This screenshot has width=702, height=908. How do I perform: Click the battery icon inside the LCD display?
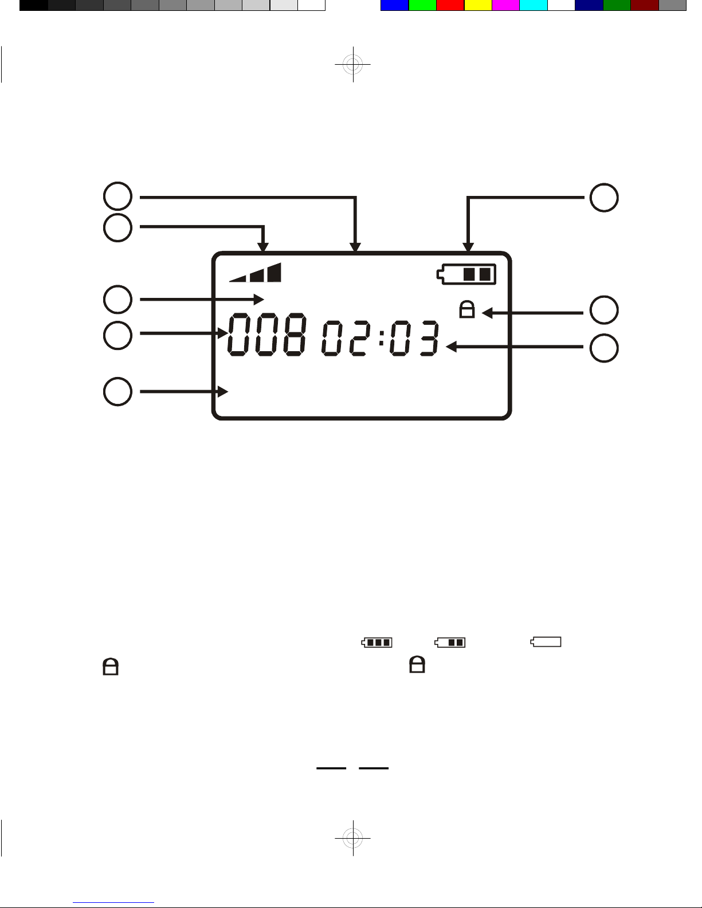[x=466, y=274]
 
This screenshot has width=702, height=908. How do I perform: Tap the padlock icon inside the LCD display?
[x=467, y=310]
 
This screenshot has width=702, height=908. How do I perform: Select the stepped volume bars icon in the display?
[x=256, y=273]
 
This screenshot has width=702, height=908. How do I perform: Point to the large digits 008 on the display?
[x=268, y=336]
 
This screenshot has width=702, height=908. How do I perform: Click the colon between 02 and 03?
[x=381, y=338]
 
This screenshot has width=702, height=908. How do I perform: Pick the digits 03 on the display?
[x=414, y=338]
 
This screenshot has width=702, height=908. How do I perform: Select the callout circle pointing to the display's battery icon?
[x=604, y=198]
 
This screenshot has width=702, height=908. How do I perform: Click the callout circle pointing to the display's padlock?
[x=604, y=310]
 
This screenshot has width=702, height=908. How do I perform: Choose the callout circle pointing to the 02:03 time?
[x=604, y=348]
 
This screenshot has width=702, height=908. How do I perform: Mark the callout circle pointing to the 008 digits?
[x=117, y=335]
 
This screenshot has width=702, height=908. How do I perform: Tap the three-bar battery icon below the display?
[x=377, y=642]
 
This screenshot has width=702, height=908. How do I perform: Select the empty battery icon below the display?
[x=546, y=642]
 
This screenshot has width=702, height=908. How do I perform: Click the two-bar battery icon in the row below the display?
[x=450, y=642]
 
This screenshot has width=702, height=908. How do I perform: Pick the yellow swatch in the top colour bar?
[x=478, y=5]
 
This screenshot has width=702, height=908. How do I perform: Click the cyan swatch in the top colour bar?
[x=533, y=5]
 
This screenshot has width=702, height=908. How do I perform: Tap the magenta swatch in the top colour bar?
[x=505, y=5]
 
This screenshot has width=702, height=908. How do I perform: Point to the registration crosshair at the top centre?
[x=353, y=64]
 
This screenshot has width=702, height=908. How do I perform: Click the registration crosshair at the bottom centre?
[x=353, y=838]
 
